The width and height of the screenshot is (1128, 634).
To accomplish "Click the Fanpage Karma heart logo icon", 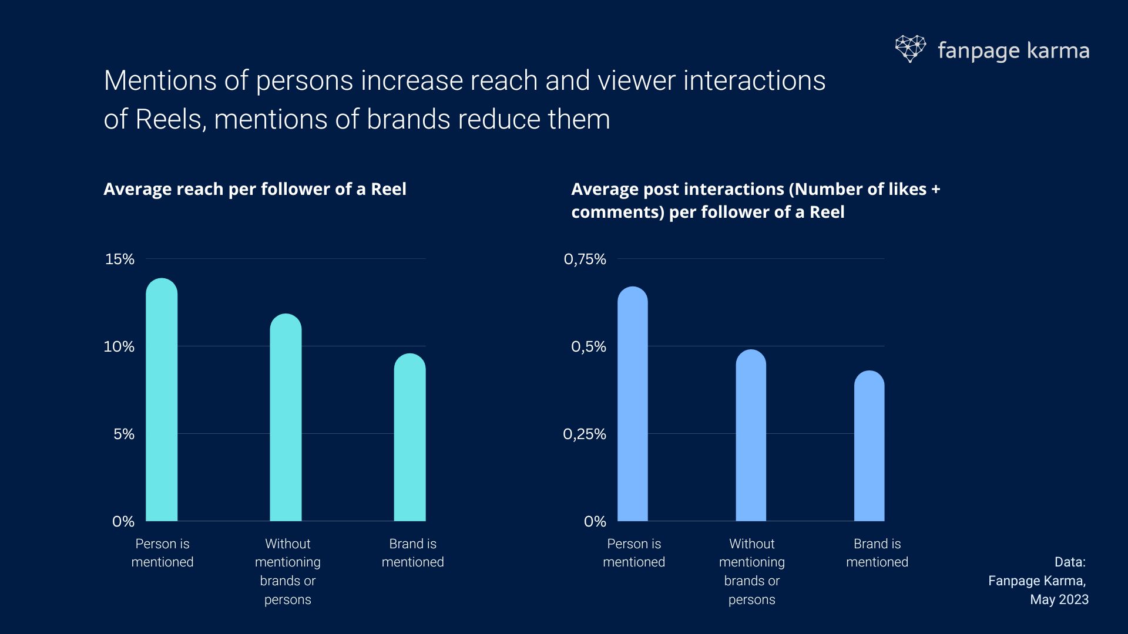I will (x=910, y=49).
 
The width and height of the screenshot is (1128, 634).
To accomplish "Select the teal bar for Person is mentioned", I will (x=162, y=400).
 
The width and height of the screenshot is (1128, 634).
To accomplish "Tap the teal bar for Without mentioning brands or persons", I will (x=286, y=417).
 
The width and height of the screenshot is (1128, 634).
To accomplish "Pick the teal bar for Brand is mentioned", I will (x=409, y=437).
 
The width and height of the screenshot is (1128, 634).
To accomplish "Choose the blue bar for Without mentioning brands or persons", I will (x=751, y=435).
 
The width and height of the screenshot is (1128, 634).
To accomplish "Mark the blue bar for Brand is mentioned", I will (x=869, y=446).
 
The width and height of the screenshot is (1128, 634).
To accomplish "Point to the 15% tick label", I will (x=120, y=259).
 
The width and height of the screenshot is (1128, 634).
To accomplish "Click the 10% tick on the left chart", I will (x=119, y=346).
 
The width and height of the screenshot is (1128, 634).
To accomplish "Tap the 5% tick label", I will (x=124, y=434).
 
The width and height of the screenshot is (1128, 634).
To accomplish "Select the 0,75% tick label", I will (x=585, y=259).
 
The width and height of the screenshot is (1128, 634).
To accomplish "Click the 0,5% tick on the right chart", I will (x=589, y=346).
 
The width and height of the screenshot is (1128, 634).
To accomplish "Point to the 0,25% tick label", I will (x=585, y=434).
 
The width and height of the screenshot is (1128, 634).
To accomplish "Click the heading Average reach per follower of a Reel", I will (x=255, y=189).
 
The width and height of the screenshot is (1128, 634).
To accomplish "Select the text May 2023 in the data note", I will (x=1059, y=599).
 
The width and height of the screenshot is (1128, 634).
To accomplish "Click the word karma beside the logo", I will (x=1058, y=50).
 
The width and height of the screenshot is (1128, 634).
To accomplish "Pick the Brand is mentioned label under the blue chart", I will (x=877, y=552).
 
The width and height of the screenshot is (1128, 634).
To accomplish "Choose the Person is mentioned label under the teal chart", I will (x=162, y=552).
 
